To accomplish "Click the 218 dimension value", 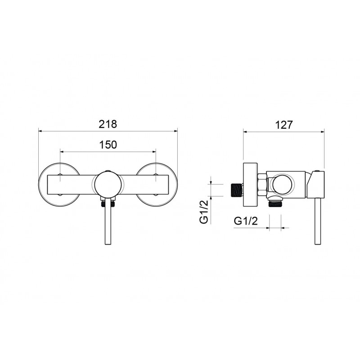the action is click(108, 124).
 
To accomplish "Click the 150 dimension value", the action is click(108, 145).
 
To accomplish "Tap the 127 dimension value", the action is click(284, 125).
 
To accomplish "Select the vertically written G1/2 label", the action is click(204, 211).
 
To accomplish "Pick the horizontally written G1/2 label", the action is click(246, 221).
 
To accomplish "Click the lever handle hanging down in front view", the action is click(108, 221).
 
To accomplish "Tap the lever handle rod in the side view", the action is click(318, 221).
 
